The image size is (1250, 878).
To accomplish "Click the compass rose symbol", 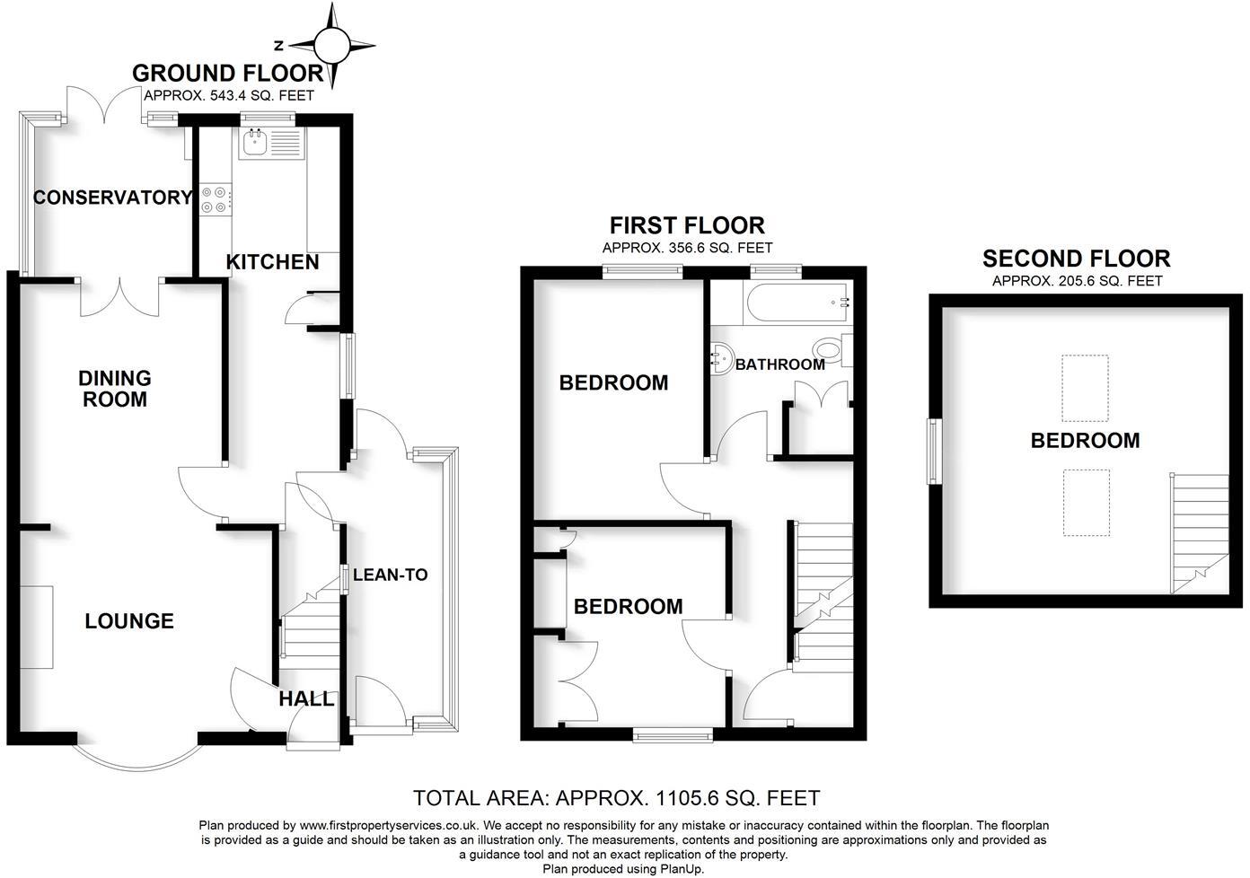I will tap(333, 44).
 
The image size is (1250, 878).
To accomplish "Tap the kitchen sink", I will tap(255, 144).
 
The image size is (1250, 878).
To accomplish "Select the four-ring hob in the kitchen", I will tap(216, 199).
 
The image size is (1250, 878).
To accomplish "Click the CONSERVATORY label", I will tap(112, 198).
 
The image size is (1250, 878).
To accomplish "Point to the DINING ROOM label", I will tap(114, 389).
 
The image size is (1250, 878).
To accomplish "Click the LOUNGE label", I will tap(129, 621).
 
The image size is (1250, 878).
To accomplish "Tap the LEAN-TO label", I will tap(391, 575).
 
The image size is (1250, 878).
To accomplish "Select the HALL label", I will tap(306, 698).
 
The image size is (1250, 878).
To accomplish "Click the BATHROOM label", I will tap(779, 364).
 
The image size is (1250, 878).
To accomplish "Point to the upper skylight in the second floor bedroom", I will tap(1085, 388).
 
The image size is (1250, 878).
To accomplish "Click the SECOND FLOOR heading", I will tap(1076, 259).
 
